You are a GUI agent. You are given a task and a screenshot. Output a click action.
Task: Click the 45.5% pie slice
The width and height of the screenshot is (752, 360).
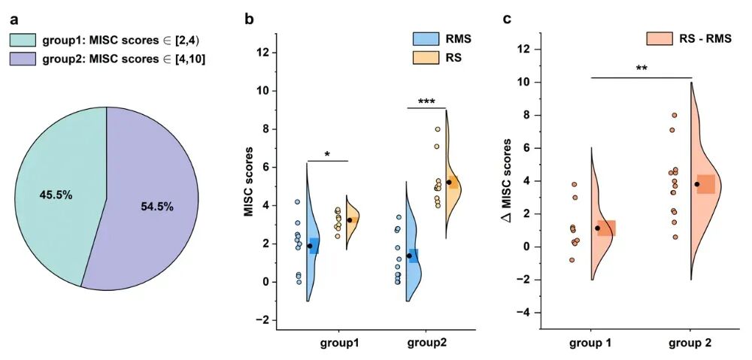(x=57, y=195)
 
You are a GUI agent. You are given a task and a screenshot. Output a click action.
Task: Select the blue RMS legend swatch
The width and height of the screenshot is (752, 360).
(x=426, y=38)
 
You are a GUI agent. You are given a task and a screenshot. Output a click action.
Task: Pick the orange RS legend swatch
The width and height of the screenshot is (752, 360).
(x=426, y=57)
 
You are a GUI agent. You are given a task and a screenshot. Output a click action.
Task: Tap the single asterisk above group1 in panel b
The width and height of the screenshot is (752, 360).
(x=327, y=155)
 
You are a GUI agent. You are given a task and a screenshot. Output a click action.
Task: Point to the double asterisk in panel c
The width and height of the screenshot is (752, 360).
(x=641, y=70)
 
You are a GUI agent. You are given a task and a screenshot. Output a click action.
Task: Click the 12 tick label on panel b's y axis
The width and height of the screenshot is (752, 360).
(x=263, y=53)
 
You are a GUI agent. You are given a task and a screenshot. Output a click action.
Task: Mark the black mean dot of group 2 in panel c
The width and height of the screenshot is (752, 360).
(x=697, y=184)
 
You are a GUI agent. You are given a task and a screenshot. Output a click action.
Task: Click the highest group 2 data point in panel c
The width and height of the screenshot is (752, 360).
(x=675, y=116)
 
